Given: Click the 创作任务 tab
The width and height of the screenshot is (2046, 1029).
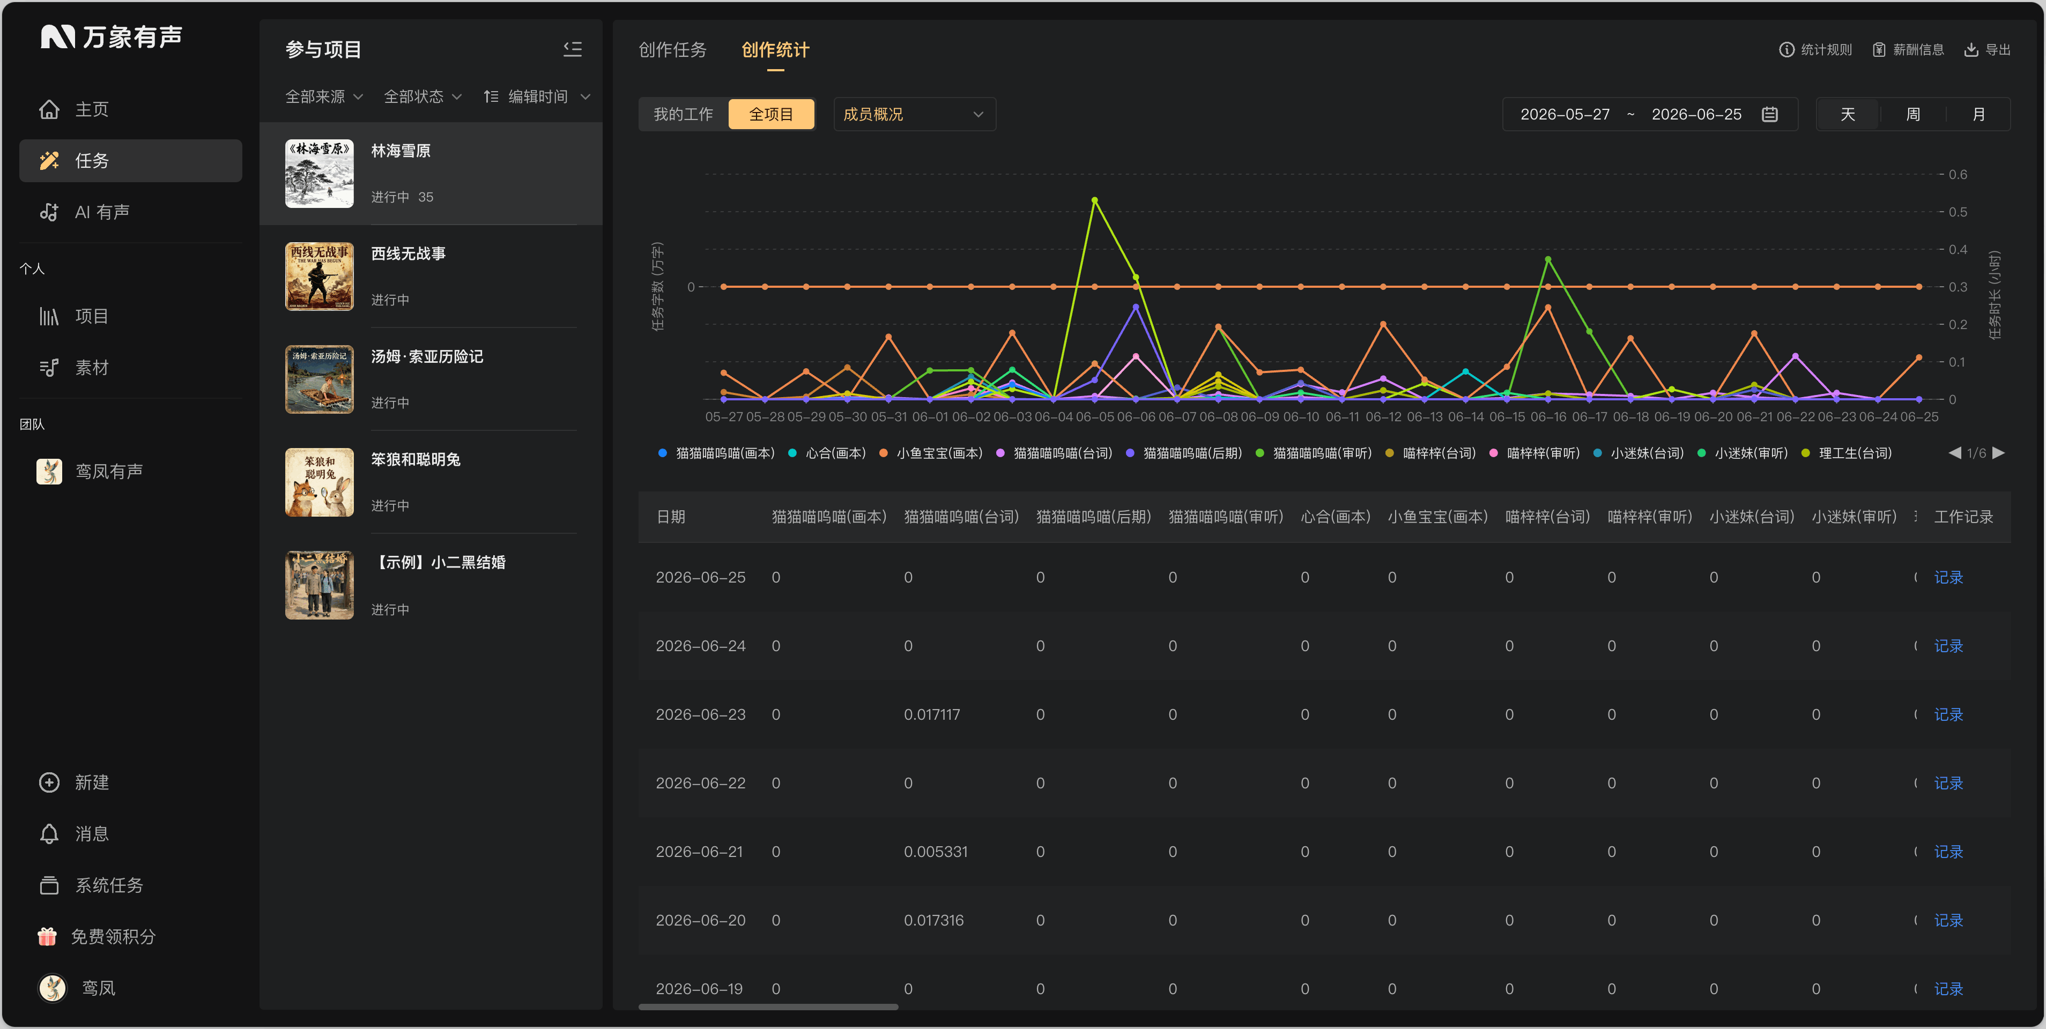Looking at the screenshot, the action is tap(672, 50).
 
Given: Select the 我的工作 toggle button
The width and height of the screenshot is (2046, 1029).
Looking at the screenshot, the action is tap(683, 114).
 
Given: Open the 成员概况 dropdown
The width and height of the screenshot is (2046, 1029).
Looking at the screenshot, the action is tap(914, 114).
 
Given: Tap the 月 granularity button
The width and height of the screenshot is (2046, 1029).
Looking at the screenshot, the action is tap(1978, 114).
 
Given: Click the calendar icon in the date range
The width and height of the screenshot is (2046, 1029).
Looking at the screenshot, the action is tap(1769, 114).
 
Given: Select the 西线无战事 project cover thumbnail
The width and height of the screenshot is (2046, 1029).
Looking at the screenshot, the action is tap(320, 277).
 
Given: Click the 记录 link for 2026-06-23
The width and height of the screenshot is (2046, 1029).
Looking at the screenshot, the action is tap(1948, 714).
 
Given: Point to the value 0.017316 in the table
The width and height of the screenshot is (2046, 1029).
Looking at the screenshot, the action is tap(933, 920).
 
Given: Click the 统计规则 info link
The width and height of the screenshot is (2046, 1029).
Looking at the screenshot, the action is tap(1815, 50).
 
